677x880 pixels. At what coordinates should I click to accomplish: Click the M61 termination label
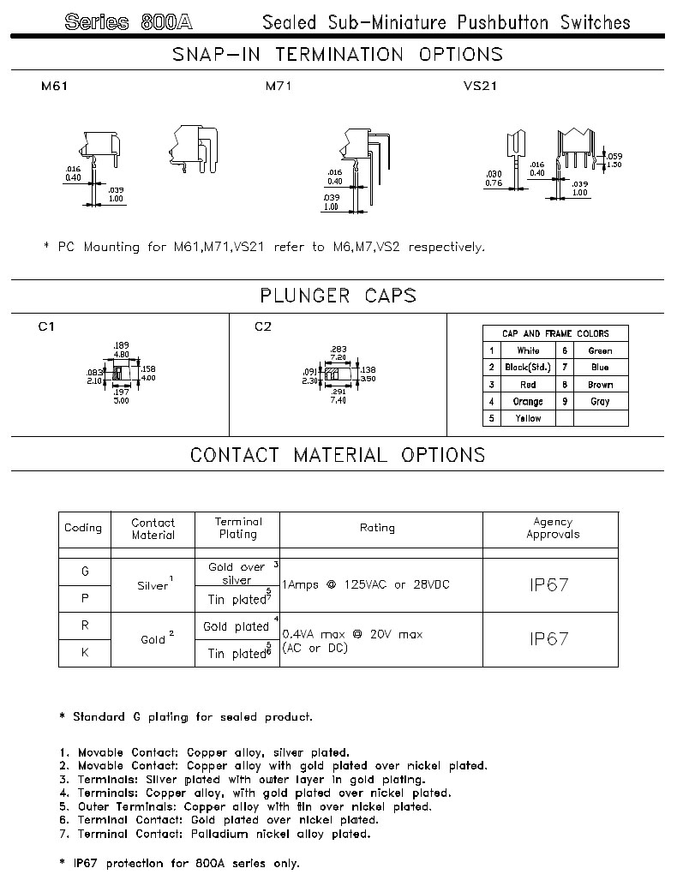click(54, 87)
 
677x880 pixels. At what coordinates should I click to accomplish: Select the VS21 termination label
click(480, 87)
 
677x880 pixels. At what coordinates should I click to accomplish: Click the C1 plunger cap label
click(48, 326)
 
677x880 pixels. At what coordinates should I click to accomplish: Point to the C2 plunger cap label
click(263, 326)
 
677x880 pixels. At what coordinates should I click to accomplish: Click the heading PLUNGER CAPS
click(338, 296)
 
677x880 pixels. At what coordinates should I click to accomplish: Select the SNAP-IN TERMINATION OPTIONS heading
click(338, 55)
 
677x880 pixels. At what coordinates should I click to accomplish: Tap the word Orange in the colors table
click(528, 402)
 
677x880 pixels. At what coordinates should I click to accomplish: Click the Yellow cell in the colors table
click(528, 419)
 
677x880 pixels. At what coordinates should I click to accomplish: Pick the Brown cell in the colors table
click(600, 385)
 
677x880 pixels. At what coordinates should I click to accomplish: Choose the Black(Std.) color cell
click(528, 368)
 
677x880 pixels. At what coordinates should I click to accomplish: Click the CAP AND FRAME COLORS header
click(555, 333)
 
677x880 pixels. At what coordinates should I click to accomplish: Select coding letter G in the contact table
click(84, 572)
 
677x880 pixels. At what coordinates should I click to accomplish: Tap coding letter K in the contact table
click(84, 653)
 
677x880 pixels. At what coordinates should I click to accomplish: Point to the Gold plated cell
click(237, 626)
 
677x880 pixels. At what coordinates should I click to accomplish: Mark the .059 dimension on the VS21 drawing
click(614, 156)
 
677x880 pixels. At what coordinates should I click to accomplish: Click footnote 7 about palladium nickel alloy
click(214, 834)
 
